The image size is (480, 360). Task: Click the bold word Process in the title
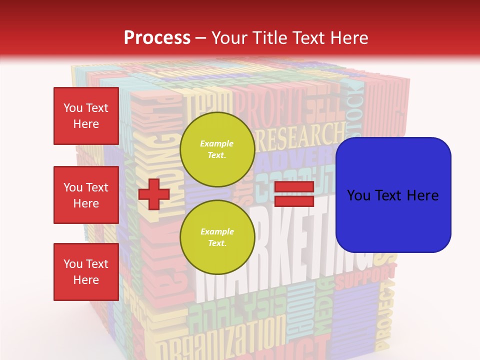[157, 37]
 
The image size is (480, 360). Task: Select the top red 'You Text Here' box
[86, 116]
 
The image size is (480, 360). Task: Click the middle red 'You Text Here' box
[86, 195]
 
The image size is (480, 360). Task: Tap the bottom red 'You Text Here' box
[86, 271]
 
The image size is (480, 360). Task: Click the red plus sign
[153, 194]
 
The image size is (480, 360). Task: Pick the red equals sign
[294, 194]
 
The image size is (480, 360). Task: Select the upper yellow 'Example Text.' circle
[217, 149]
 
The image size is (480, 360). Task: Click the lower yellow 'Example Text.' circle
[217, 237]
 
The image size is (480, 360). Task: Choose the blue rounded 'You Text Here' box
[393, 195]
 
